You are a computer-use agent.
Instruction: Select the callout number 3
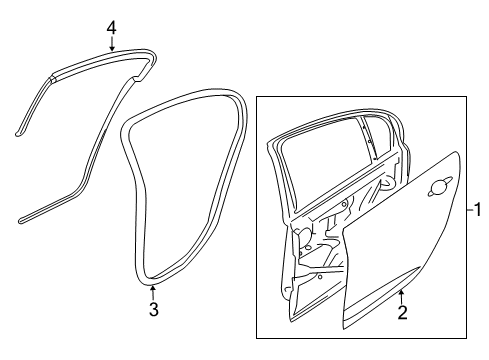(x=153, y=310)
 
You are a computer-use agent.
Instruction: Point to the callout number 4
(x=112, y=29)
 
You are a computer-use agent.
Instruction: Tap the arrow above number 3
(x=153, y=290)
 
